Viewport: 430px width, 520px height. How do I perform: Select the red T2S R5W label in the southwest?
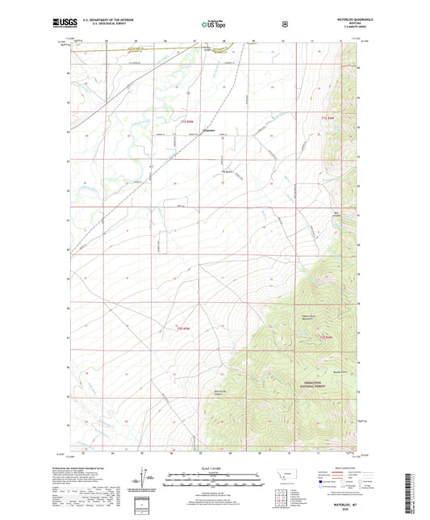coord(186,329)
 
